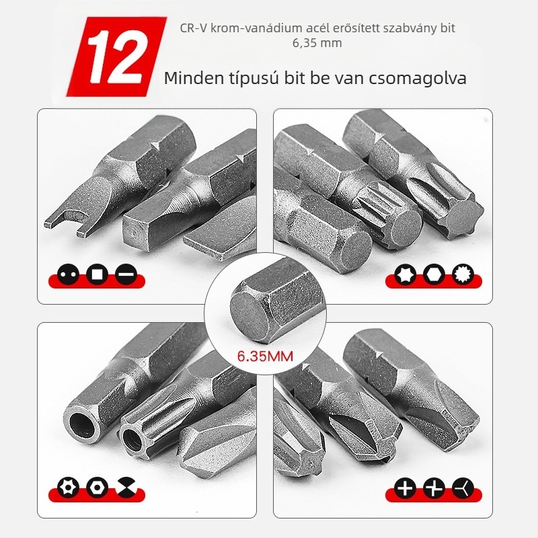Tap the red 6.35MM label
click(x=265, y=356)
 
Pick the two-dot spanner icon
click(x=69, y=274)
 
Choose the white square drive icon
click(x=98, y=274)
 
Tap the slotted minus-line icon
click(x=126, y=274)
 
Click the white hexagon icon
click(x=434, y=274)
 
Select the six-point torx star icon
click(x=406, y=274)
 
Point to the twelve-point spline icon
click(x=463, y=274)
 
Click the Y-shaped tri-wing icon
click(x=463, y=488)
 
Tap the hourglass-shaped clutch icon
click(x=126, y=488)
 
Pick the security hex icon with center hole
click(x=98, y=488)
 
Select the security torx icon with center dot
click(x=69, y=488)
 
